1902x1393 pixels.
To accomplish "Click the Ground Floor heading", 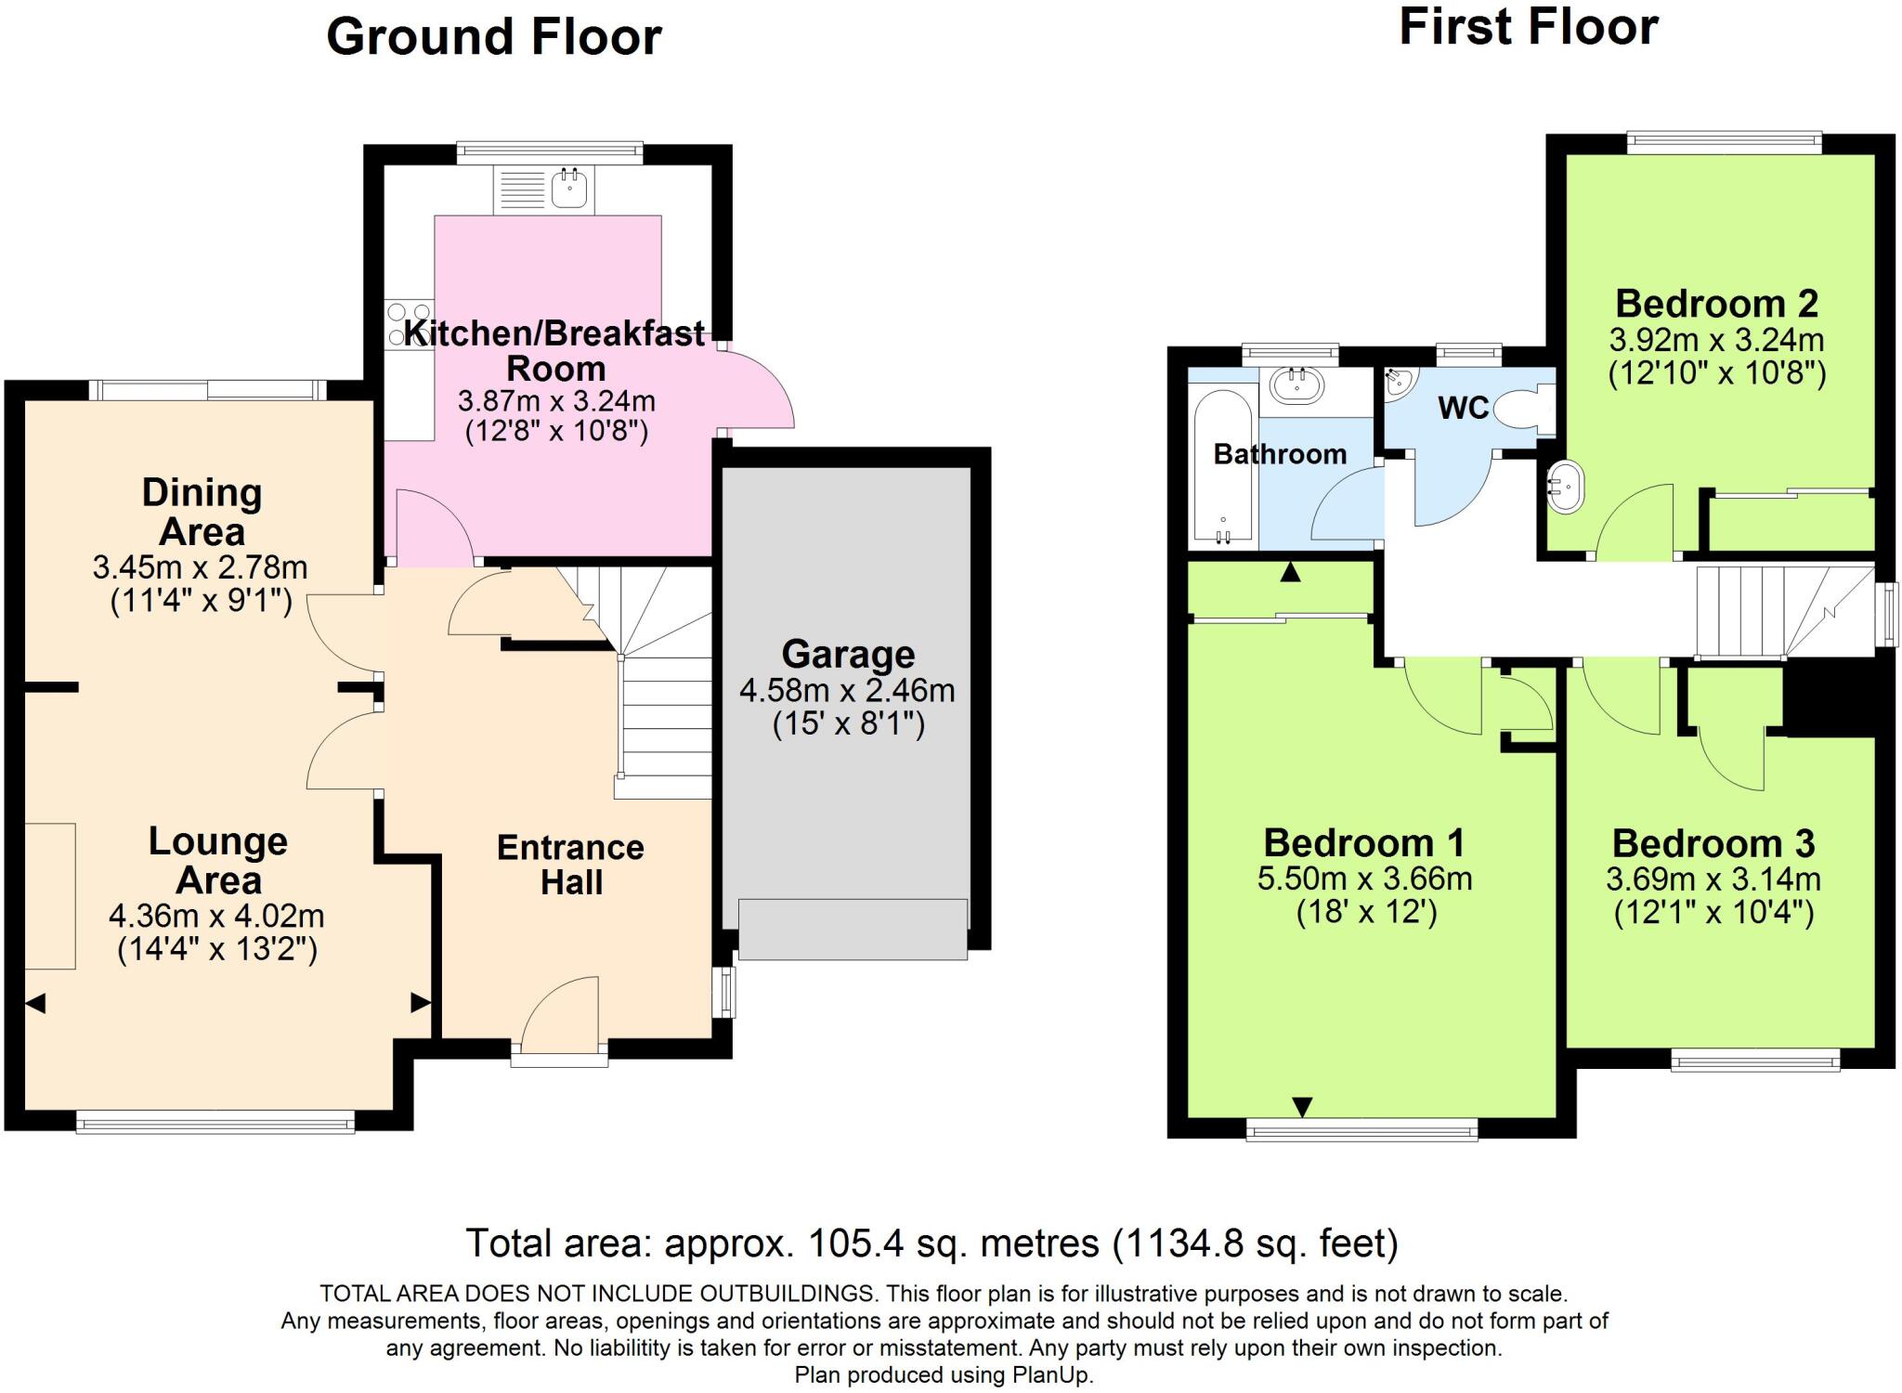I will (493, 38).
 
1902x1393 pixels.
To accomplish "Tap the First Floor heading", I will (1528, 27).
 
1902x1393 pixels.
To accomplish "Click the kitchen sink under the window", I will (568, 189).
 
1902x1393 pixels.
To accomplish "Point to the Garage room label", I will (848, 655).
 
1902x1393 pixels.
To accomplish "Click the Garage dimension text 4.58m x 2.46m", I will (846, 690).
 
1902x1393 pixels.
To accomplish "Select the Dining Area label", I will (202, 512).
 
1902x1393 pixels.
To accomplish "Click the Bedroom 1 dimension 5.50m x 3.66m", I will (1364, 878).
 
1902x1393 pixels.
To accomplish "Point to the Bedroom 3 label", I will (1713, 843).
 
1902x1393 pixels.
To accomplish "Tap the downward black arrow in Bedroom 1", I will (1302, 1106).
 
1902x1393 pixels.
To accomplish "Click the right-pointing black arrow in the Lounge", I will (420, 1003).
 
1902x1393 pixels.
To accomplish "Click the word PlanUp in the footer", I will (1051, 1375).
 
